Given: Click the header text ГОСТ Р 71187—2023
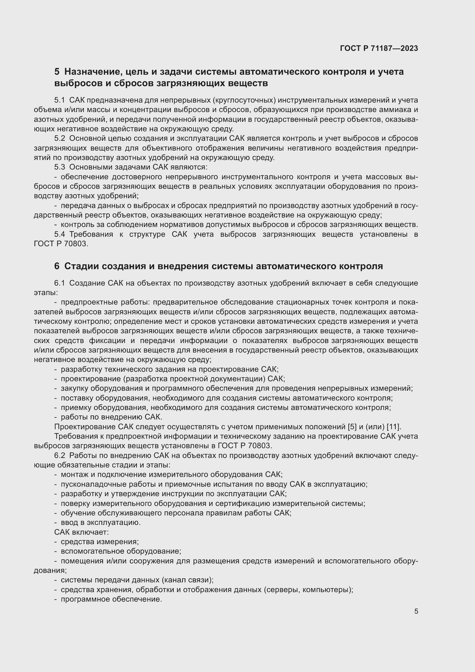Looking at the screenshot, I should [379, 48].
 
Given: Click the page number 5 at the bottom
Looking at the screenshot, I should [416, 611].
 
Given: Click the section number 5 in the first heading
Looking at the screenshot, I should [57, 72].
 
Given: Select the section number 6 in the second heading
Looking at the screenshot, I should [57, 266].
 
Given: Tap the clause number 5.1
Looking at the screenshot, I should [59, 100].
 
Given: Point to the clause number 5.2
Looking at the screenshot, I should [59, 138].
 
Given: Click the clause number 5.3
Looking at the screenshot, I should [59, 167].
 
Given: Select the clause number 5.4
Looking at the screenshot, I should [59, 234].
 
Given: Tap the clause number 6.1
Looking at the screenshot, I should [59, 283].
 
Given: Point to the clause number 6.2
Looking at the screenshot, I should [59, 455].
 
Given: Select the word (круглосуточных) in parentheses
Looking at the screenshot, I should [244, 100].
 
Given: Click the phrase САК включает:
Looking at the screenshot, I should [81, 532].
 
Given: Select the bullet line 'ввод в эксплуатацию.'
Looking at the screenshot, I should [101, 522].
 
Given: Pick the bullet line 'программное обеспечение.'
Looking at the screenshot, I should [111, 599].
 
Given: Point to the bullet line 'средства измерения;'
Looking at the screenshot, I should [99, 542].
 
